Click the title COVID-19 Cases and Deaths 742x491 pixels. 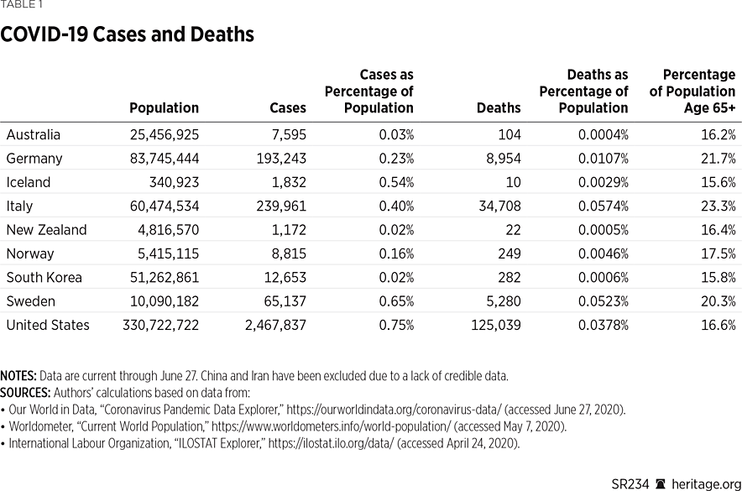[x=128, y=35]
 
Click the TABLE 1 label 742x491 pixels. [x=22, y=5]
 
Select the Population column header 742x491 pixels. [x=164, y=108]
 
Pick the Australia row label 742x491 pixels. [x=34, y=134]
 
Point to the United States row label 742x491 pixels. [x=48, y=325]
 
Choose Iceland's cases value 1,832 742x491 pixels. [x=286, y=182]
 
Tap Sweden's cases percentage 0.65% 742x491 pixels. [x=395, y=301]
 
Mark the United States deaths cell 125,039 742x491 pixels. [x=494, y=325]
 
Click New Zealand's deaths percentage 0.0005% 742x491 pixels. [x=602, y=230]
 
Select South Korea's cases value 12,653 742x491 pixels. [x=283, y=278]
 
